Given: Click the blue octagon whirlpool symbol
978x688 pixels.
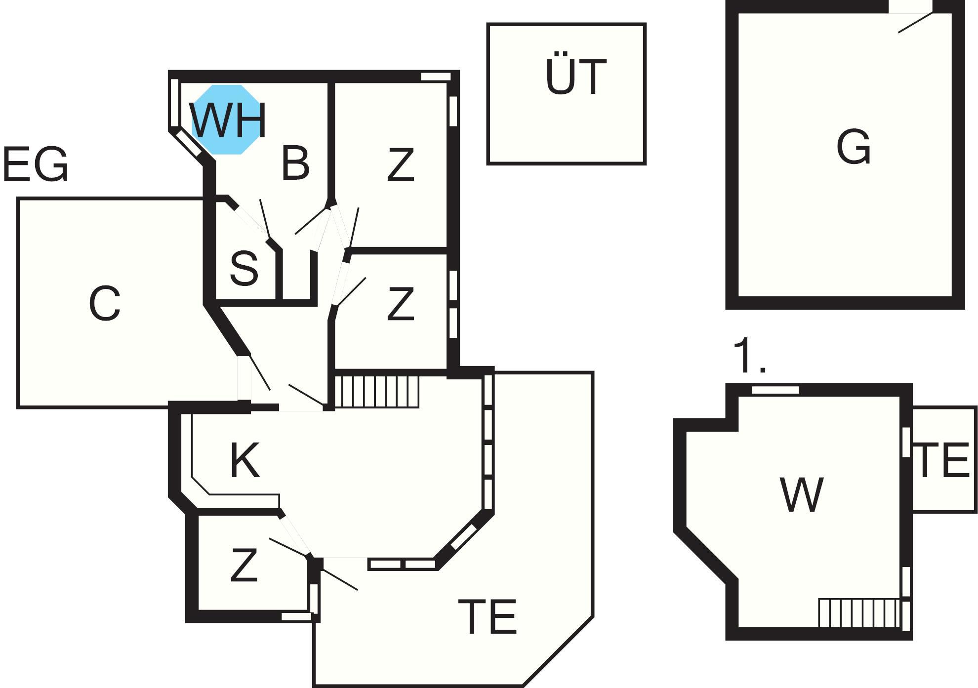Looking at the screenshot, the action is (x=226, y=120).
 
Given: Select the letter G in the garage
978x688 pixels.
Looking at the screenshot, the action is (x=854, y=147).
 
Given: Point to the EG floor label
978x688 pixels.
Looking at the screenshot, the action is (x=36, y=164).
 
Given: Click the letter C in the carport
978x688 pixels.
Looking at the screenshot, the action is (x=105, y=303).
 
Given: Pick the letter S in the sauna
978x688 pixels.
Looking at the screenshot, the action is (x=244, y=268).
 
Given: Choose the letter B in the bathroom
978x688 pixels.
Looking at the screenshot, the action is (x=295, y=162).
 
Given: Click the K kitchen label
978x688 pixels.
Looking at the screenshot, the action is (x=245, y=460).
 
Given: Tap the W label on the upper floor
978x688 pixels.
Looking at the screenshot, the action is (x=801, y=494).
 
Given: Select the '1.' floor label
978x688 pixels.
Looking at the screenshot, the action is (x=749, y=356).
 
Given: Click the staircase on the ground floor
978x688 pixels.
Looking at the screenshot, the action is (x=377, y=392).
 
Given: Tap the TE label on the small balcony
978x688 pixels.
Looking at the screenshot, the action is (x=943, y=461).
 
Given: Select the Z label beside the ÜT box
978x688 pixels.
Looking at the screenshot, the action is (x=400, y=165).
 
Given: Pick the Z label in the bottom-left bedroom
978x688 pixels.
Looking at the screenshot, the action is (x=244, y=565).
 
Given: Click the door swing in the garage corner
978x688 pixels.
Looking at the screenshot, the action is (x=915, y=22).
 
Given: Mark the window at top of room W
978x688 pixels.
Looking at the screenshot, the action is (x=775, y=390).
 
